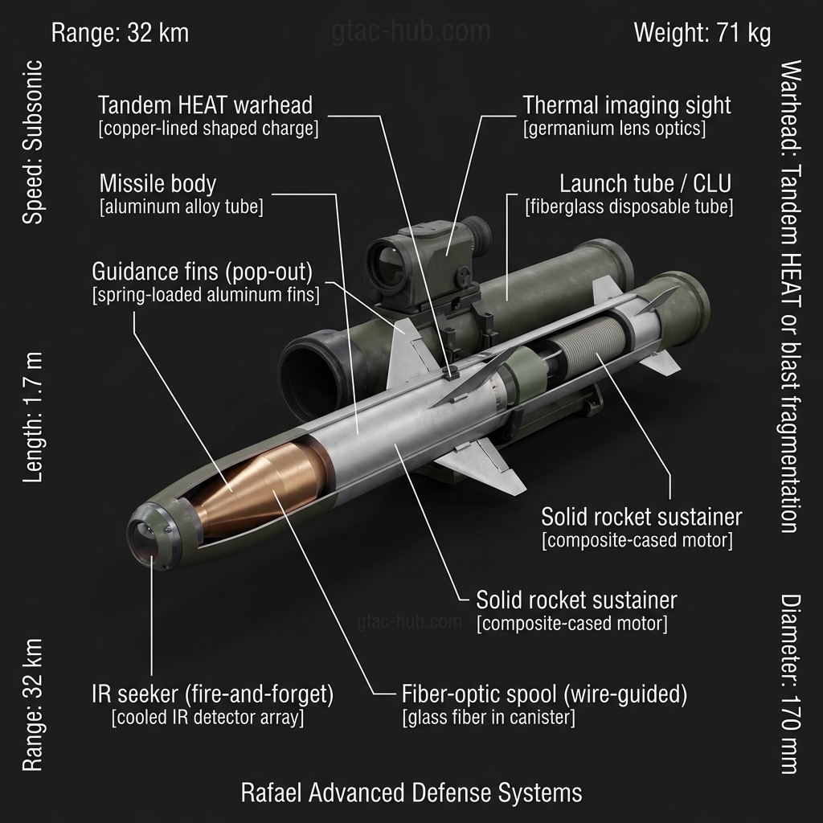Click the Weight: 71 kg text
tap(702, 33)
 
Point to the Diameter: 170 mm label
tap(791, 684)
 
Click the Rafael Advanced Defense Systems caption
tap(411, 792)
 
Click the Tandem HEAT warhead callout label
tap(205, 105)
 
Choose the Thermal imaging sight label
tap(627, 105)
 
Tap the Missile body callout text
tap(158, 182)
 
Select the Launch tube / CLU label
tap(645, 183)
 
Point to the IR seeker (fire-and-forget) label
tap(212, 694)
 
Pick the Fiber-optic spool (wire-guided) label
tap(544, 694)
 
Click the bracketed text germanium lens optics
tap(615, 129)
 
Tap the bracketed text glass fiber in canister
tap(489, 717)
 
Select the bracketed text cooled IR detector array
tap(207, 717)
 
